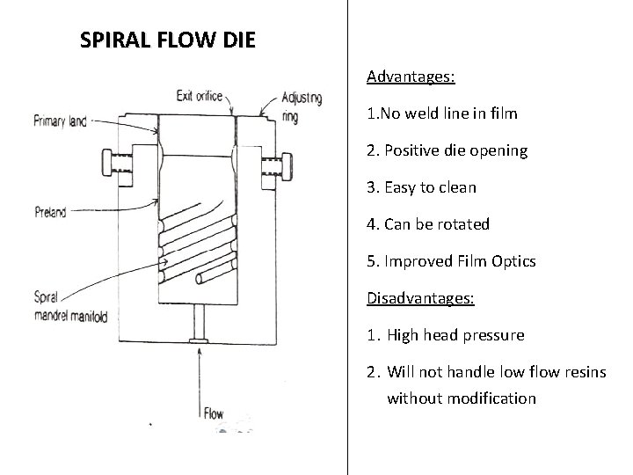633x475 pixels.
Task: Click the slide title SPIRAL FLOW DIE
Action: pyautogui.click(x=167, y=40)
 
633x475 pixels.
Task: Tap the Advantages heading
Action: pyautogui.click(x=411, y=77)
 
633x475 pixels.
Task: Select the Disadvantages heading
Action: pyautogui.click(x=420, y=298)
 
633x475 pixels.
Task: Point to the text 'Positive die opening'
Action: pyautogui.click(x=447, y=150)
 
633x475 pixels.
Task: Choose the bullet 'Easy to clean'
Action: pyautogui.click(x=421, y=187)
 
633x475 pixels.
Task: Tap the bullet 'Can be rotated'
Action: pyautogui.click(x=428, y=224)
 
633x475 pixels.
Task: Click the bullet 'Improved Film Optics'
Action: pyautogui.click(x=451, y=261)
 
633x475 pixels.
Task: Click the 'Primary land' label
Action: pyautogui.click(x=60, y=121)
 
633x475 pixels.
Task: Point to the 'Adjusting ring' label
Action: pyautogui.click(x=302, y=106)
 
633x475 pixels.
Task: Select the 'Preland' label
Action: pyautogui.click(x=51, y=211)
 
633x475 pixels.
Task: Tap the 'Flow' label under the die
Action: pyautogui.click(x=214, y=413)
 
